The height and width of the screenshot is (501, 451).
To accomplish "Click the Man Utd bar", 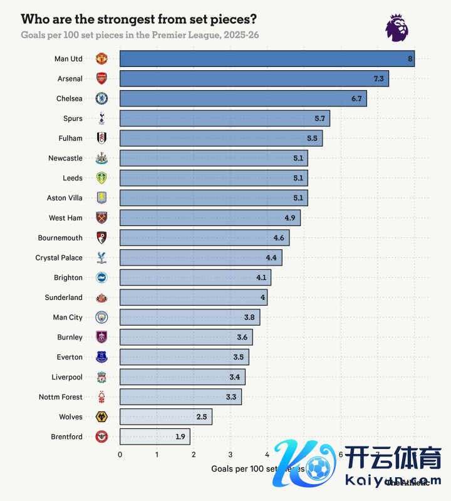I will tap(266, 59).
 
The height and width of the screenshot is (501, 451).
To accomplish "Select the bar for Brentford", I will tap(154, 436).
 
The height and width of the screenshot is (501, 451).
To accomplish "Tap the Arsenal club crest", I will tap(101, 79).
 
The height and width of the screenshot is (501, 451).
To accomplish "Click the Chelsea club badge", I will tap(101, 98).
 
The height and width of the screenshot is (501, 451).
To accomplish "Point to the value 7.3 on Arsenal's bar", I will tap(378, 79).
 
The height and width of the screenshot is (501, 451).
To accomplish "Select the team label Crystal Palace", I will tap(59, 257).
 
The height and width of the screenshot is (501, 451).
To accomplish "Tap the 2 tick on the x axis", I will tap(194, 455).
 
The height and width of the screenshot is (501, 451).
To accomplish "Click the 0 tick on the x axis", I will tap(120, 455).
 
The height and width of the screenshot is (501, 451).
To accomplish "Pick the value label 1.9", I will tap(179, 436).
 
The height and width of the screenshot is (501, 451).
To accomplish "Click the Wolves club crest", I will tap(101, 416).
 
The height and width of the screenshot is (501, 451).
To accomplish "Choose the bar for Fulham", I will tap(220, 138).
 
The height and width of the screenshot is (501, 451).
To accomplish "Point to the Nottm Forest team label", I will tap(61, 396).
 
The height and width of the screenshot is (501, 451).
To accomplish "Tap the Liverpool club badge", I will tap(101, 377).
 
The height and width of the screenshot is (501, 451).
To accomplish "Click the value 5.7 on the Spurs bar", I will tap(319, 118).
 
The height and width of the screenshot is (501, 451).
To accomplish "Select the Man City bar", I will tap(189, 318).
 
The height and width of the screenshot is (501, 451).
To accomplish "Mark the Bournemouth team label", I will tap(60, 237).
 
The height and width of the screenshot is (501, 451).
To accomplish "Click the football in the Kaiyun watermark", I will tap(319, 467).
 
